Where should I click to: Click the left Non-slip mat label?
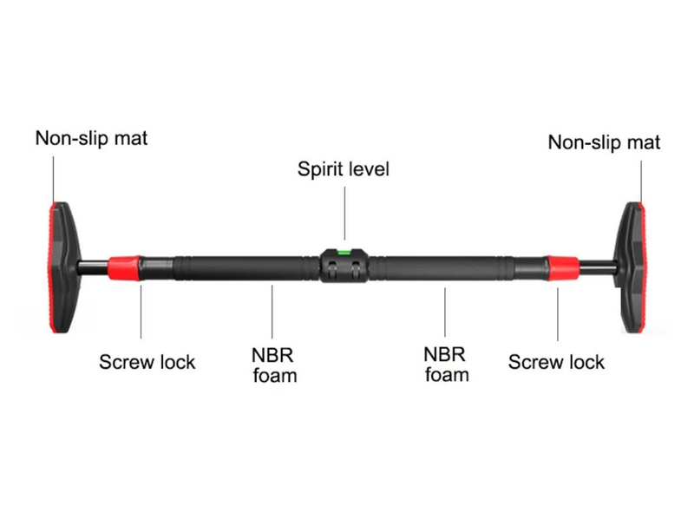coord(91,138)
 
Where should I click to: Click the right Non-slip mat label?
coord(604,142)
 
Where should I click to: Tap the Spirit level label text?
coord(344,168)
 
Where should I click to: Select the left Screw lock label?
coord(147,361)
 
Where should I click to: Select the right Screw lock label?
coord(556,361)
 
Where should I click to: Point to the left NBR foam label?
coord(274,365)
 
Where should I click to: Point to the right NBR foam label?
coord(446,365)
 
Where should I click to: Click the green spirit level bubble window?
coord(344,253)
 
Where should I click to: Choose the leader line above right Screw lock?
coord(558,313)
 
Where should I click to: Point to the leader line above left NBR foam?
coord(274,313)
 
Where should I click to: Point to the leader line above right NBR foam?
coord(446,313)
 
